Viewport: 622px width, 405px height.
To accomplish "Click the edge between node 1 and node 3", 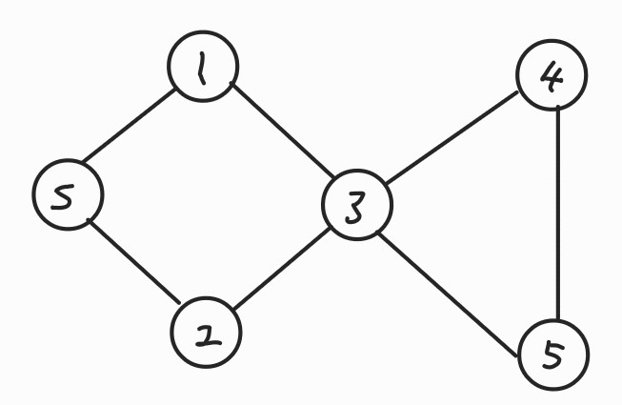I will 282,131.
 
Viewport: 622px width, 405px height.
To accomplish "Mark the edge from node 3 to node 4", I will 455,139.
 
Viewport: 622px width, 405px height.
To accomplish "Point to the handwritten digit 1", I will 202,67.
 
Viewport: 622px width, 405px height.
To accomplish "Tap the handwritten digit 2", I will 206,334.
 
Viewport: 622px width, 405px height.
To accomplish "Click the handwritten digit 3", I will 356,207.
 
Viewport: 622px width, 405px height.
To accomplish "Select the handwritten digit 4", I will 552,76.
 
